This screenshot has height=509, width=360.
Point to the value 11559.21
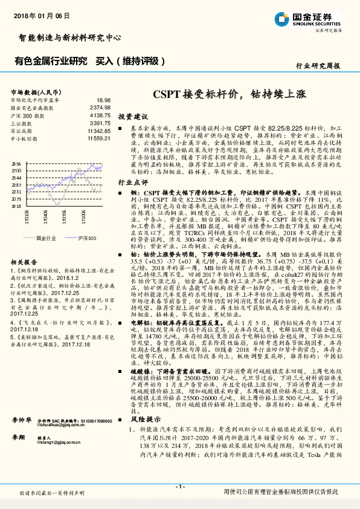(x=98, y=138)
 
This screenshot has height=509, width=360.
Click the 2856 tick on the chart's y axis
(x=16, y=164)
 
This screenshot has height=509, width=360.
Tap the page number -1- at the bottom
(x=180, y=487)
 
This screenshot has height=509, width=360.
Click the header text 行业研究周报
(x=318, y=65)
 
